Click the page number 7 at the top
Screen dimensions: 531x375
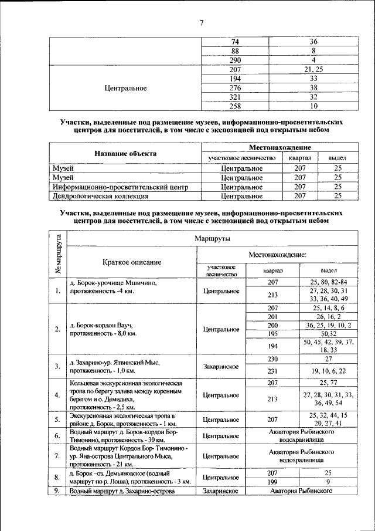coord(201,23)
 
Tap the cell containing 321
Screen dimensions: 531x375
coord(236,97)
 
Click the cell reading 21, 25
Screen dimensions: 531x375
coord(313,69)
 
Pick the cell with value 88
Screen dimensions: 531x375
coord(236,51)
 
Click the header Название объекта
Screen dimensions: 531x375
coord(125,154)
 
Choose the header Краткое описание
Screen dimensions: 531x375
coord(131,262)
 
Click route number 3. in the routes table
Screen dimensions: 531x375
coord(57,367)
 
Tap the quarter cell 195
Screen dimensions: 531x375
coord(272,334)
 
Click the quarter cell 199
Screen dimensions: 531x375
coord(272,481)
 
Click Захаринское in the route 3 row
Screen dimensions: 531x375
coord(220,367)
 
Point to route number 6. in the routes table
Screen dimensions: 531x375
coord(57,436)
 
